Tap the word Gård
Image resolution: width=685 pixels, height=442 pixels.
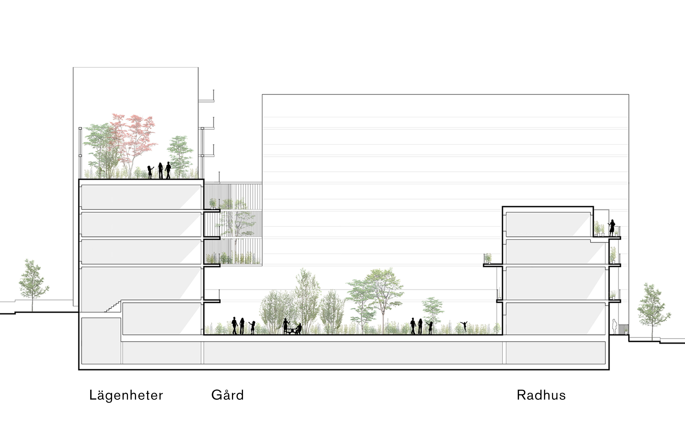click(x=227, y=395)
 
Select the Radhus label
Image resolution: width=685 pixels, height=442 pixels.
click(x=541, y=395)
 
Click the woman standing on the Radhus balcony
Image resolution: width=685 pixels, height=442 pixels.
click(x=612, y=227)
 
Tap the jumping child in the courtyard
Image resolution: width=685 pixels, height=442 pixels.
click(x=464, y=326)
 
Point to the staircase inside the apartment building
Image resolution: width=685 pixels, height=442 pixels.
click(x=113, y=307)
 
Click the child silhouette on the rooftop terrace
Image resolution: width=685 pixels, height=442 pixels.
click(x=150, y=172)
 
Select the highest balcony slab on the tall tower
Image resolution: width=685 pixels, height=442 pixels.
click(x=206, y=101)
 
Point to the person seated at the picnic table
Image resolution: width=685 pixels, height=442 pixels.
click(x=299, y=329)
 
